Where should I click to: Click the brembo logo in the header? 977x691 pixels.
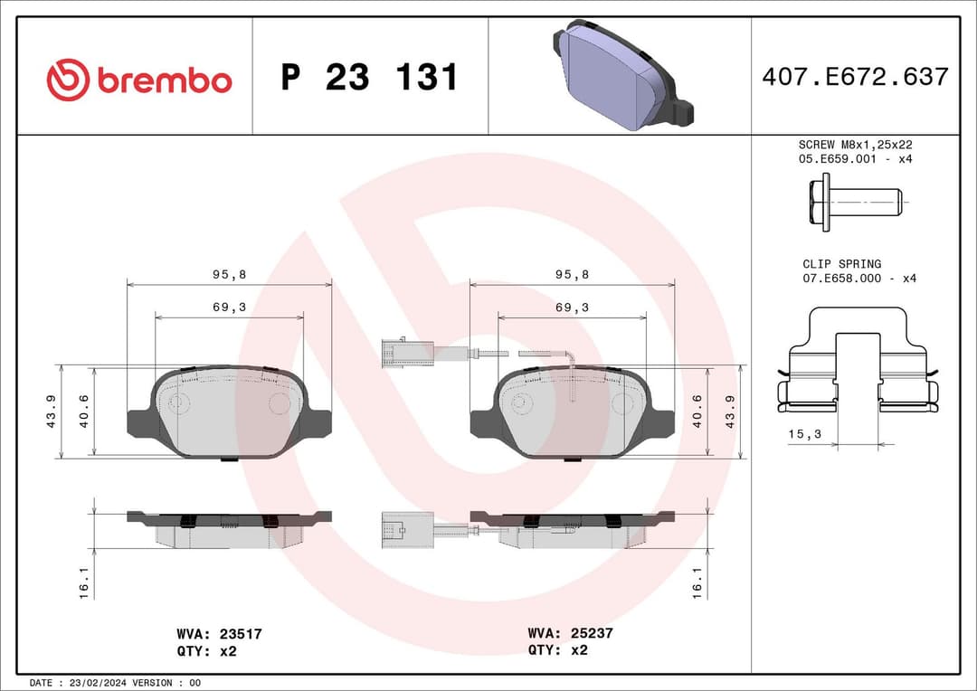click(138, 80)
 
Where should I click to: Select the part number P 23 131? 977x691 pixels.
click(369, 78)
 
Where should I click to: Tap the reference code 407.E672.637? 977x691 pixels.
click(855, 77)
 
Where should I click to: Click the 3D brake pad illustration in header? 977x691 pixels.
click(622, 75)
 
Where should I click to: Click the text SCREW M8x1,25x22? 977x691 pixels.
click(855, 145)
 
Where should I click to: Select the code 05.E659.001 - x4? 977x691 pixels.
click(855, 158)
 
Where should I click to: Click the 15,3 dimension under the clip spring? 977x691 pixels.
click(803, 435)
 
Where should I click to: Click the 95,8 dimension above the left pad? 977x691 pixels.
click(229, 273)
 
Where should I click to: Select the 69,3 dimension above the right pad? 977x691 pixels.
click(572, 308)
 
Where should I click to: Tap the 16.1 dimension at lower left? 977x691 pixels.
click(83, 582)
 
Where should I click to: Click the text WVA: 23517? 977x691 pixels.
click(220, 635)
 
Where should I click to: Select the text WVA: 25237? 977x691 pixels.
click(570, 633)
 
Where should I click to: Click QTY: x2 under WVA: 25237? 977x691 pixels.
click(558, 649)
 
